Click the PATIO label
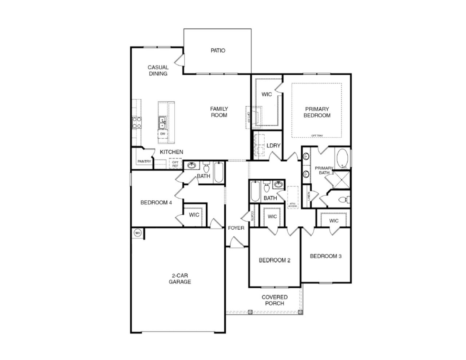(x=218, y=51)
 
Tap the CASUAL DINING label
(x=158, y=70)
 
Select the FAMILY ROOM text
(x=219, y=112)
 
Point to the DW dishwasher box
(x=163, y=134)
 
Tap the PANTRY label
(x=144, y=161)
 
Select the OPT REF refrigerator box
(x=175, y=164)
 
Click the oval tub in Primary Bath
(x=343, y=159)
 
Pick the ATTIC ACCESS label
(x=293, y=205)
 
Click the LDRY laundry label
(x=273, y=146)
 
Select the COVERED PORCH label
(x=275, y=300)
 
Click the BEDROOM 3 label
(x=325, y=256)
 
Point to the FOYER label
(x=236, y=228)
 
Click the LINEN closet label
(x=309, y=196)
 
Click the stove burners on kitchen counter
(x=137, y=122)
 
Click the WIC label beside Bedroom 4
(x=194, y=215)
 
